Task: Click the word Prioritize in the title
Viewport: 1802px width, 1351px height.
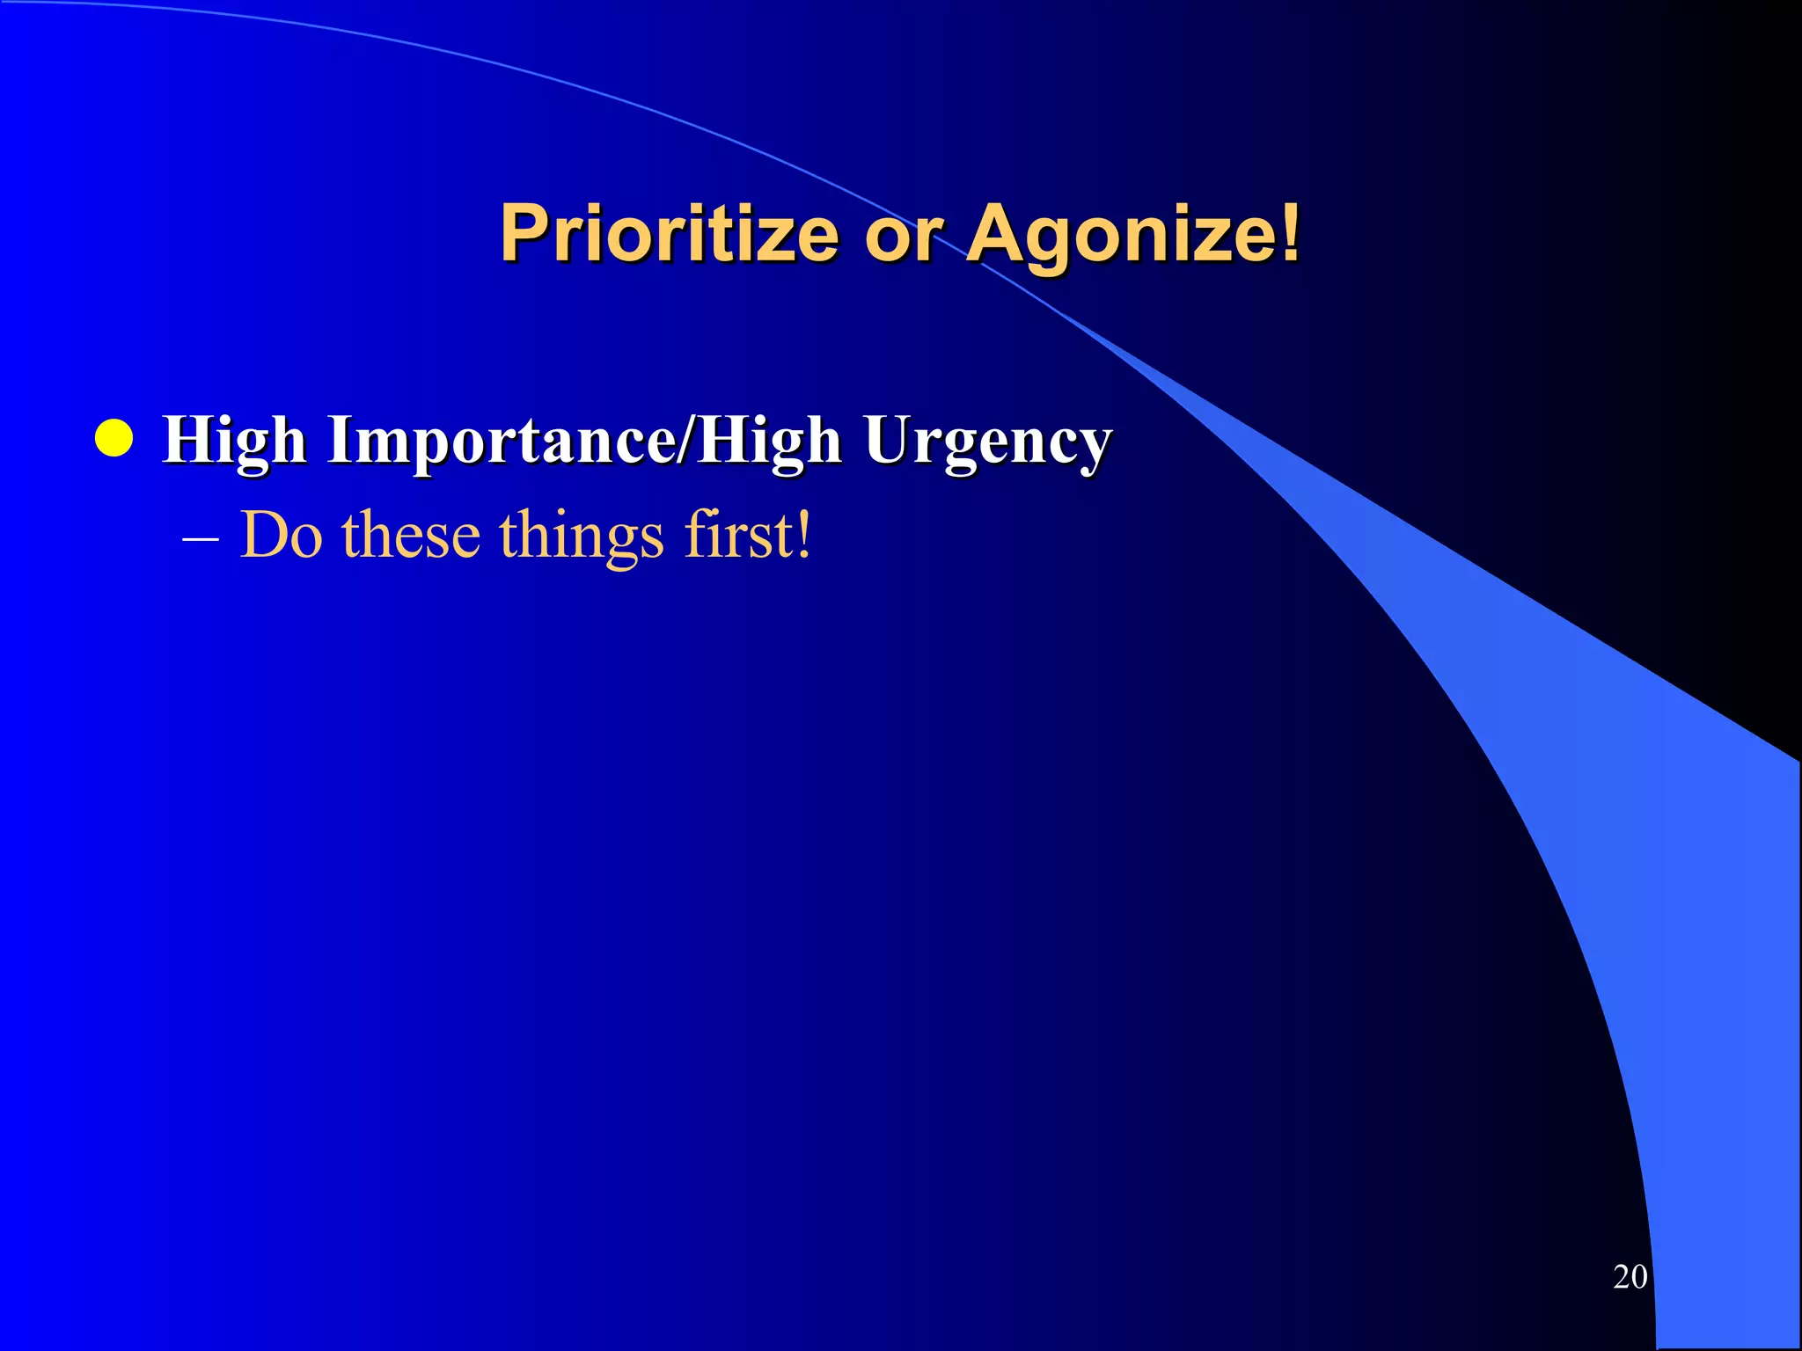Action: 669,233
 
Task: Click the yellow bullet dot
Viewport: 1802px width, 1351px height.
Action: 114,439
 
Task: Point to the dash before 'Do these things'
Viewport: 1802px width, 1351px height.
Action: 201,537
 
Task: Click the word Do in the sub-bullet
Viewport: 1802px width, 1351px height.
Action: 282,535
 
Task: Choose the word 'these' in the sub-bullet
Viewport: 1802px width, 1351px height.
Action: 411,535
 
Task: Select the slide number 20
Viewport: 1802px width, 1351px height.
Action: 1630,1276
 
